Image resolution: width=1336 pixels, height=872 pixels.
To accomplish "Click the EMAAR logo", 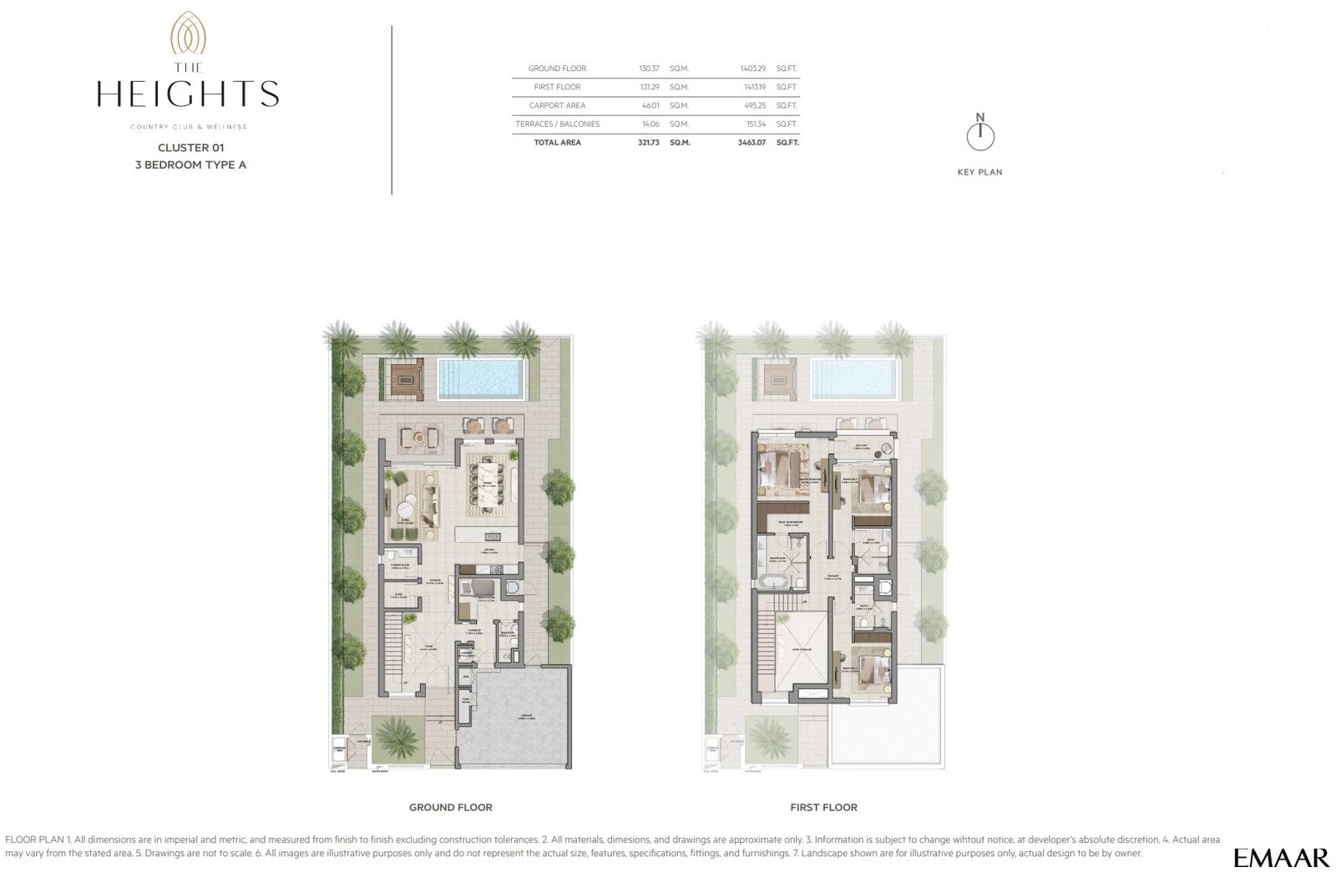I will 1281,858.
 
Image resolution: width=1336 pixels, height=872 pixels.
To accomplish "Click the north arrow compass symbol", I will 980,135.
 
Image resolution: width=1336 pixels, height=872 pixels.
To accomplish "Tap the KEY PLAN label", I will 979,172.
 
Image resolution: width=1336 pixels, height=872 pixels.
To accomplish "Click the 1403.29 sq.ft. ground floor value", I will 752,68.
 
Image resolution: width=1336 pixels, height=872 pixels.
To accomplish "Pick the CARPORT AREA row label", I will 557,105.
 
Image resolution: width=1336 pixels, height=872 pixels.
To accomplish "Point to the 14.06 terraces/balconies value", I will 649,124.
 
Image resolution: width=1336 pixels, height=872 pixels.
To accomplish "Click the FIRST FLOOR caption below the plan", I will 823,808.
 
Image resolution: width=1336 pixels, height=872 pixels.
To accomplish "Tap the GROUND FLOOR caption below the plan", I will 450,808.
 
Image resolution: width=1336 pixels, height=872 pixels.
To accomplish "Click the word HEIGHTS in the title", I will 188,94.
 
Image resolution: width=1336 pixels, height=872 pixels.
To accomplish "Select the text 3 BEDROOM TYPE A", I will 190,165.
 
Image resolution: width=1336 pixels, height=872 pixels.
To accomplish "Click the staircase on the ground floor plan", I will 394,643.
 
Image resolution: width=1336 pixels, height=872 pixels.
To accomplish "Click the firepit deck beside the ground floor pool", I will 407,380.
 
